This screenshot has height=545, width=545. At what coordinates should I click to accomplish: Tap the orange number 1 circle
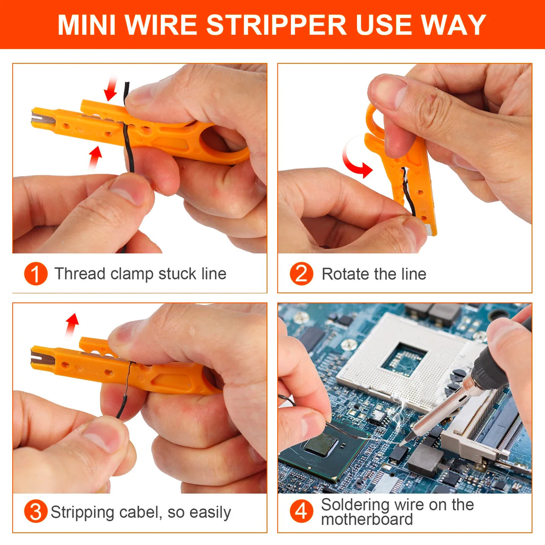click(36, 274)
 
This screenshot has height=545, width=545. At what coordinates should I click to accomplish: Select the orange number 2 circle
click(301, 274)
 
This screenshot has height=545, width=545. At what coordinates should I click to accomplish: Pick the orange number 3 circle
click(36, 513)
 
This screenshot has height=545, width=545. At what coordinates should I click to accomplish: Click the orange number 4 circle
click(301, 512)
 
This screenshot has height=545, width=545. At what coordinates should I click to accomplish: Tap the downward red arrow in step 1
click(111, 88)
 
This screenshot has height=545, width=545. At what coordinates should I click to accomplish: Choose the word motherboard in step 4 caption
click(367, 519)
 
